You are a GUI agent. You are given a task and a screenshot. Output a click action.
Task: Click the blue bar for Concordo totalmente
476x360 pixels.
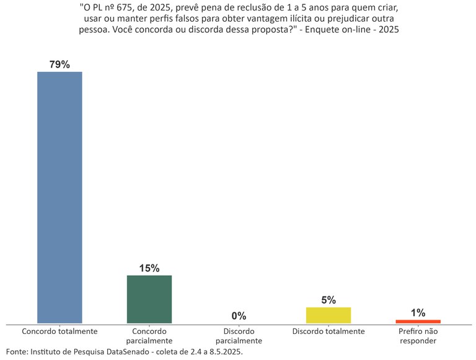tap(59, 197)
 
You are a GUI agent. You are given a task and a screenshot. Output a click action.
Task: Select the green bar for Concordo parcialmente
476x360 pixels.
tap(149, 299)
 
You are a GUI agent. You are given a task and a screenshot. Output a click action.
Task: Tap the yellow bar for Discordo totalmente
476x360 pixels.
tap(328, 315)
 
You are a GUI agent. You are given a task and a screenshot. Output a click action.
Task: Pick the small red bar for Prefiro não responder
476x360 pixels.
tap(418, 321)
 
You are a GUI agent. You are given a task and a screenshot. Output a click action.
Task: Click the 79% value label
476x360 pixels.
tap(59, 64)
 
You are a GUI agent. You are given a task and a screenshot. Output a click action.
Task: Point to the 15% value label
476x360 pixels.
tap(149, 268)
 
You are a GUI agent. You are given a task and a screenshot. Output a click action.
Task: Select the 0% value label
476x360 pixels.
tap(239, 316)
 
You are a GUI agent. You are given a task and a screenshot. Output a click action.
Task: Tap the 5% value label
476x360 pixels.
tap(328, 300)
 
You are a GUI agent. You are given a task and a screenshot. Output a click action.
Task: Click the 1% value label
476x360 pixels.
tap(418, 313)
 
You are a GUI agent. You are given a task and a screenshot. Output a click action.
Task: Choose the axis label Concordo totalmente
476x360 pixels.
tap(59, 331)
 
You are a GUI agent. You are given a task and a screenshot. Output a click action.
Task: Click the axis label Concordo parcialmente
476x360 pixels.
tap(149, 336)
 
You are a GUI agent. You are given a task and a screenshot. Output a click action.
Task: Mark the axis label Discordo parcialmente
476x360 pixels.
tap(239, 336)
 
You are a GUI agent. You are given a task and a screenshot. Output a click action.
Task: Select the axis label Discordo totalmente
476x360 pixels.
tap(328, 331)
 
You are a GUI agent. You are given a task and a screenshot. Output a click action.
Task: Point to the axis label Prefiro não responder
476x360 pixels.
tap(418, 336)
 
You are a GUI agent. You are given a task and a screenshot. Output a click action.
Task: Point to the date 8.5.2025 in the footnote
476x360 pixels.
tap(223, 351)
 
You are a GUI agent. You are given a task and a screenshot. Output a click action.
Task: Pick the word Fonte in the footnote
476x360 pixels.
tap(17, 351)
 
